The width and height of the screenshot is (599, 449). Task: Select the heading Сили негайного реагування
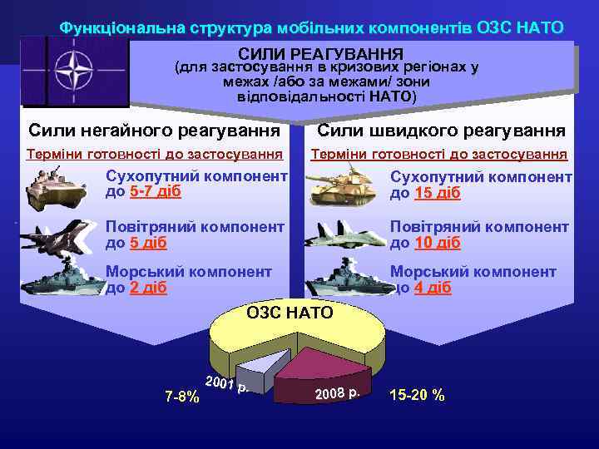(155, 131)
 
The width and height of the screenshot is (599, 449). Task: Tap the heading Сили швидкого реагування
(442, 131)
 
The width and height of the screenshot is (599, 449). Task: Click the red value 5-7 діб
(156, 192)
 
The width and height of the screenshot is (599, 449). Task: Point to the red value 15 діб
(438, 193)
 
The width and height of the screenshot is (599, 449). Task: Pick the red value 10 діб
(438, 243)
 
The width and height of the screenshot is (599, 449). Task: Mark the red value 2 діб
(149, 288)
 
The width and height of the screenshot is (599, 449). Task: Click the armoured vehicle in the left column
(57, 188)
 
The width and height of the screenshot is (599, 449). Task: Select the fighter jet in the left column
(58, 237)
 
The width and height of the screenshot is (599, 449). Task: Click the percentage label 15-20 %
(417, 395)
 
